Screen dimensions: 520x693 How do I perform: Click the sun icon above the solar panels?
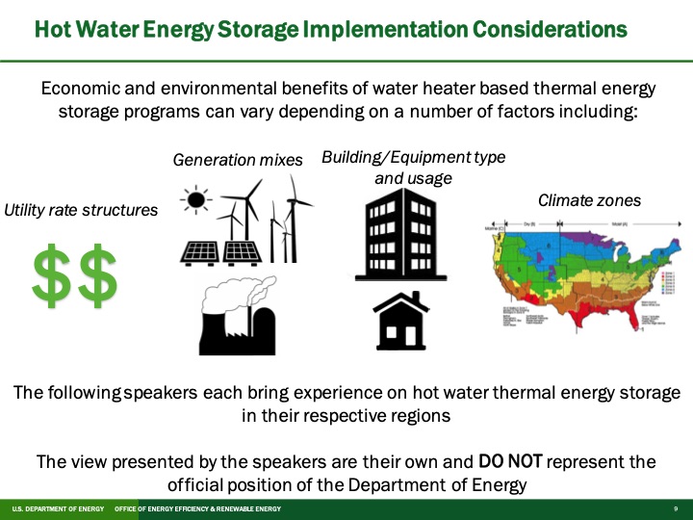pyautogui.click(x=196, y=201)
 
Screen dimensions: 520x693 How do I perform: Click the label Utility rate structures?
pyautogui.click(x=81, y=209)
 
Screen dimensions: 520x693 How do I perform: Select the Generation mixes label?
pyautogui.click(x=238, y=160)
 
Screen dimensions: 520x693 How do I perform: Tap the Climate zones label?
pyautogui.click(x=589, y=200)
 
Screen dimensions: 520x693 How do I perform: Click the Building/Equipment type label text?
pyautogui.click(x=413, y=157)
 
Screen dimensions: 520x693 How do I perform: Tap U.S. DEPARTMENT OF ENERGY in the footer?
pyautogui.click(x=58, y=508)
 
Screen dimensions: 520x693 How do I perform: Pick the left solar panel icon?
pyautogui.click(x=200, y=250)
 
